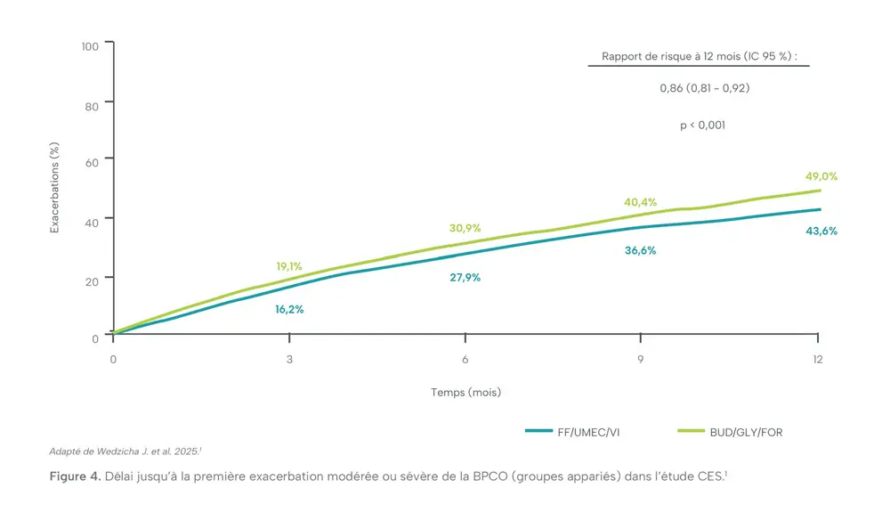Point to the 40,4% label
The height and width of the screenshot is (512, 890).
pyautogui.click(x=640, y=202)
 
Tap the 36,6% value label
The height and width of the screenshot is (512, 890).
pyautogui.click(x=640, y=250)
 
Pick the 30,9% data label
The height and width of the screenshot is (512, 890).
pyautogui.click(x=465, y=228)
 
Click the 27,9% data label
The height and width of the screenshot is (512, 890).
pyautogui.click(x=465, y=277)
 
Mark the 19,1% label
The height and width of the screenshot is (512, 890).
pyautogui.click(x=288, y=265)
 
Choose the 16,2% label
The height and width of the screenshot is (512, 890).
pyautogui.click(x=288, y=309)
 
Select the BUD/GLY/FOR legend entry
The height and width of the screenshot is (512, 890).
pyautogui.click(x=746, y=433)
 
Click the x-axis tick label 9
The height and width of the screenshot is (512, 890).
pyautogui.click(x=641, y=359)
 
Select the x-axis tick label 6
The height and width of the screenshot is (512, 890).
pyautogui.click(x=465, y=359)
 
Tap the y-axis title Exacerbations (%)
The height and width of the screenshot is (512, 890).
pyautogui.click(x=54, y=188)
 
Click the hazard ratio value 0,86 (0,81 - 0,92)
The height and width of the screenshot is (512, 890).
pyautogui.click(x=699, y=88)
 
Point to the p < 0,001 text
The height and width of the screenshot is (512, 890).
pyautogui.click(x=702, y=126)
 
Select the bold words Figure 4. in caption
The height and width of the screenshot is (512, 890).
pyautogui.click(x=75, y=477)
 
